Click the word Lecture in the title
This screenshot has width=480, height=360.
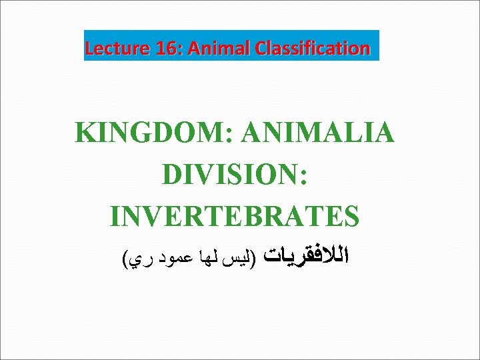coord(111,48)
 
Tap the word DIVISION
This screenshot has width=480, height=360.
coord(231,174)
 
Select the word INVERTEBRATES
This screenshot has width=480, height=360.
coord(235,215)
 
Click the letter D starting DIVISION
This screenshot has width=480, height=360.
coord(170,174)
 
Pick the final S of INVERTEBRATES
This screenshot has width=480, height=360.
coord(351,215)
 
